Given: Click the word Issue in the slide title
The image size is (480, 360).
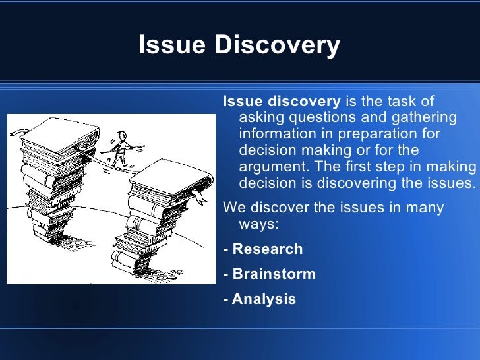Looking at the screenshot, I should tap(165, 45).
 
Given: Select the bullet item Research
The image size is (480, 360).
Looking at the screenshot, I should tap(267, 249).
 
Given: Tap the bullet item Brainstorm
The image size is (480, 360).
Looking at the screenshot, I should tap(274, 274).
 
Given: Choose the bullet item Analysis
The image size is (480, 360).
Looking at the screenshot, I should tap(264, 299).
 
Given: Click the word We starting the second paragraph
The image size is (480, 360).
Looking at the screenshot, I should tap(233, 208).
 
